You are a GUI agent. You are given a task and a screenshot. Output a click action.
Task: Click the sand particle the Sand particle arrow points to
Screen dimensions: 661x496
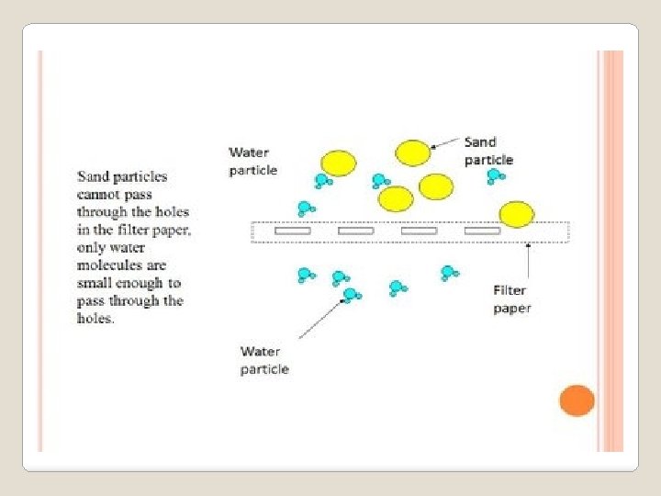tap(413, 153)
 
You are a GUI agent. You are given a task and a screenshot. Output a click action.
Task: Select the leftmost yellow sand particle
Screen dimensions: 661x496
tap(340, 163)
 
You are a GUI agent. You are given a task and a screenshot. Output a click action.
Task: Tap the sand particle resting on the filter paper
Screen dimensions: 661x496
tap(517, 214)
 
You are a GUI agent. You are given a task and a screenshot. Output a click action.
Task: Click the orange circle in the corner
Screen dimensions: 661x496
tap(577, 400)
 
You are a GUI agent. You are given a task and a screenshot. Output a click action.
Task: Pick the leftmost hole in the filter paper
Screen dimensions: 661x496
tap(293, 231)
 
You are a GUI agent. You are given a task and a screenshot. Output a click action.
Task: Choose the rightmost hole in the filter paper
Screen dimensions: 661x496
tap(482, 231)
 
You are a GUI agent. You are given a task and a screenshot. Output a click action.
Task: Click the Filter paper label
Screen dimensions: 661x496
tap(511, 299)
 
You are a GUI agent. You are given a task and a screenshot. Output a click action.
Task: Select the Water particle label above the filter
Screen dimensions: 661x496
tap(252, 161)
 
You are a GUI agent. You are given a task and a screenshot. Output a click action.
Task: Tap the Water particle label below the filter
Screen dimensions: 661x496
tap(264, 359)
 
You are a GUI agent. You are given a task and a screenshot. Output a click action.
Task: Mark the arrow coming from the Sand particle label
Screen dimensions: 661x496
tap(445, 142)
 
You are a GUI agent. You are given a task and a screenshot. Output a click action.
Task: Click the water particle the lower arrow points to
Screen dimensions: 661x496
tap(351, 295)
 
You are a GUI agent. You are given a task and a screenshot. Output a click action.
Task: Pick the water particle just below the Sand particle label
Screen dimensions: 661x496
tap(496, 175)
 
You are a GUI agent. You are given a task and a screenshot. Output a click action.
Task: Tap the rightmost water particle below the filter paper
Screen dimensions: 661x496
tap(449, 272)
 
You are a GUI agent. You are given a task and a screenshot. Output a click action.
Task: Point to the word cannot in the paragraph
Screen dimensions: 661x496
tap(100, 195)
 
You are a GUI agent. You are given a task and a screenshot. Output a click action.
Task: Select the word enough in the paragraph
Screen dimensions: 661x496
tap(140, 283)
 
